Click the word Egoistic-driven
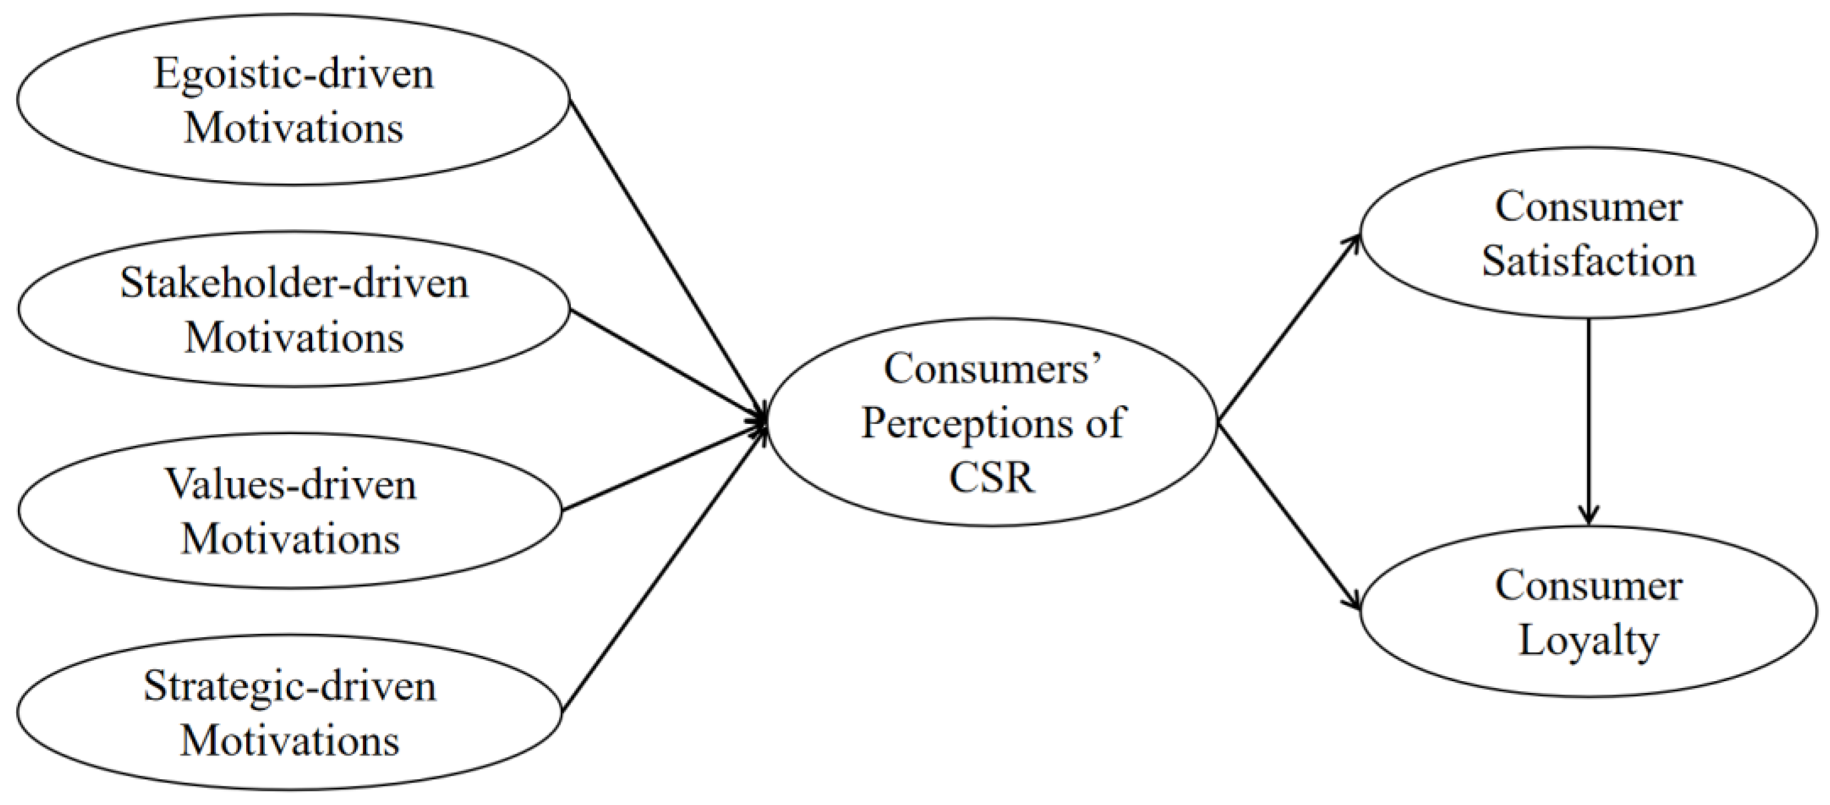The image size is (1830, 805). pyautogui.click(x=294, y=74)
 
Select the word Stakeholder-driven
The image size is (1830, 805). pyautogui.click(x=294, y=283)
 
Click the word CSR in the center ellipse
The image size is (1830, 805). pyautogui.click(x=992, y=477)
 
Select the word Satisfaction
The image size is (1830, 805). pyautogui.click(x=1588, y=261)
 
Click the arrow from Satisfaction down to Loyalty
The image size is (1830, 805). pyautogui.click(x=1588, y=426)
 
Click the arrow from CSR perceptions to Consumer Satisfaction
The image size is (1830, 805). pyautogui.click(x=1287, y=330)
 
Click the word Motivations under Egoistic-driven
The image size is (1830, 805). pyautogui.click(x=294, y=128)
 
